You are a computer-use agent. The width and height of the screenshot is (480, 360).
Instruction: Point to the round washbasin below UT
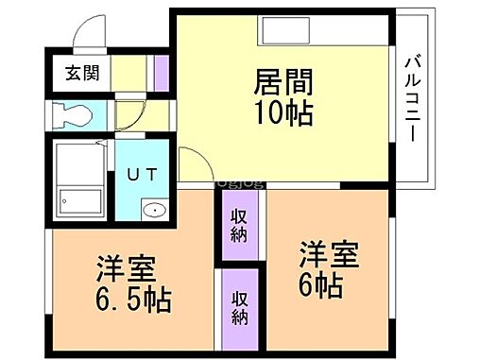[152, 209]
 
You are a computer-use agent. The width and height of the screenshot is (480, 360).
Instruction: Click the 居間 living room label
[283, 83]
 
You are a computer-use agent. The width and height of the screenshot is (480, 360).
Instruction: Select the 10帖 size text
[283, 113]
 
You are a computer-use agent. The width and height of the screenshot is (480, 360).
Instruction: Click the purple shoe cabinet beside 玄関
[161, 72]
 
